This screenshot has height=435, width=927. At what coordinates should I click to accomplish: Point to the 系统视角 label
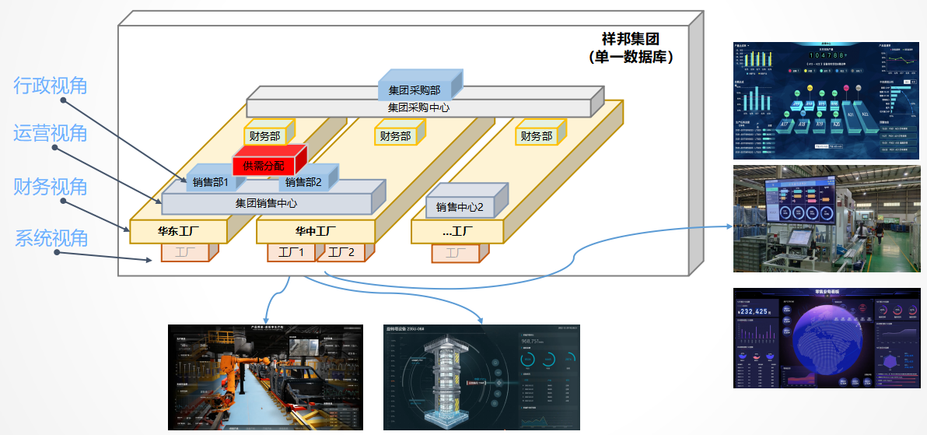[x=51, y=238]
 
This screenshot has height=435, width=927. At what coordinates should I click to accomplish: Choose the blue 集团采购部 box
[x=414, y=91]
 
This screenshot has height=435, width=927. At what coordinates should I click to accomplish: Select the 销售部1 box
[x=210, y=182]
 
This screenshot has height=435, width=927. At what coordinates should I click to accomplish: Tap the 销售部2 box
[x=303, y=182]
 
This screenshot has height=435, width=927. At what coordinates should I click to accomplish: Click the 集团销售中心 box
[x=266, y=203]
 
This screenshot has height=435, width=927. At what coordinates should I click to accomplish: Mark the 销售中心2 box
[x=460, y=207]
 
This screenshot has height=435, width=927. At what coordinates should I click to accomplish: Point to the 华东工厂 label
[x=178, y=231]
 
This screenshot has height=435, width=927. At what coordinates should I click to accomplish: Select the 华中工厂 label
[x=315, y=231]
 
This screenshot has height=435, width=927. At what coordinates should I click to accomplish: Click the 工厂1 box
[x=291, y=252]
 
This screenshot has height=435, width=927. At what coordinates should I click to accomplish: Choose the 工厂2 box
[x=341, y=252]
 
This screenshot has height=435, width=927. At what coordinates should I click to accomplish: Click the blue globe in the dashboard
[x=827, y=342]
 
